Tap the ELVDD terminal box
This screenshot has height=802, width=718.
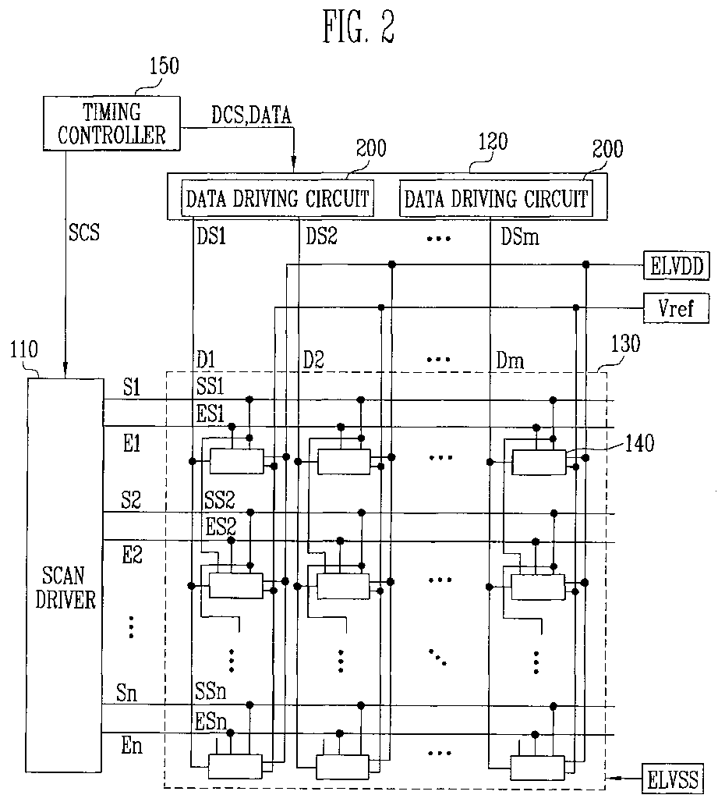click(x=674, y=266)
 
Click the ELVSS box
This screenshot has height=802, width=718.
click(x=674, y=779)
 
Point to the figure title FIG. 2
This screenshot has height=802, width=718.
click(x=359, y=27)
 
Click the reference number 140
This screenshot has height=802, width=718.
click(x=638, y=445)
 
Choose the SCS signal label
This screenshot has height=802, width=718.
click(x=84, y=233)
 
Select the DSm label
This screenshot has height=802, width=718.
click(x=519, y=236)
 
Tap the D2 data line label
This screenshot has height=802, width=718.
click(x=313, y=361)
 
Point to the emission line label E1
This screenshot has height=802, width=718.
click(x=130, y=444)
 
